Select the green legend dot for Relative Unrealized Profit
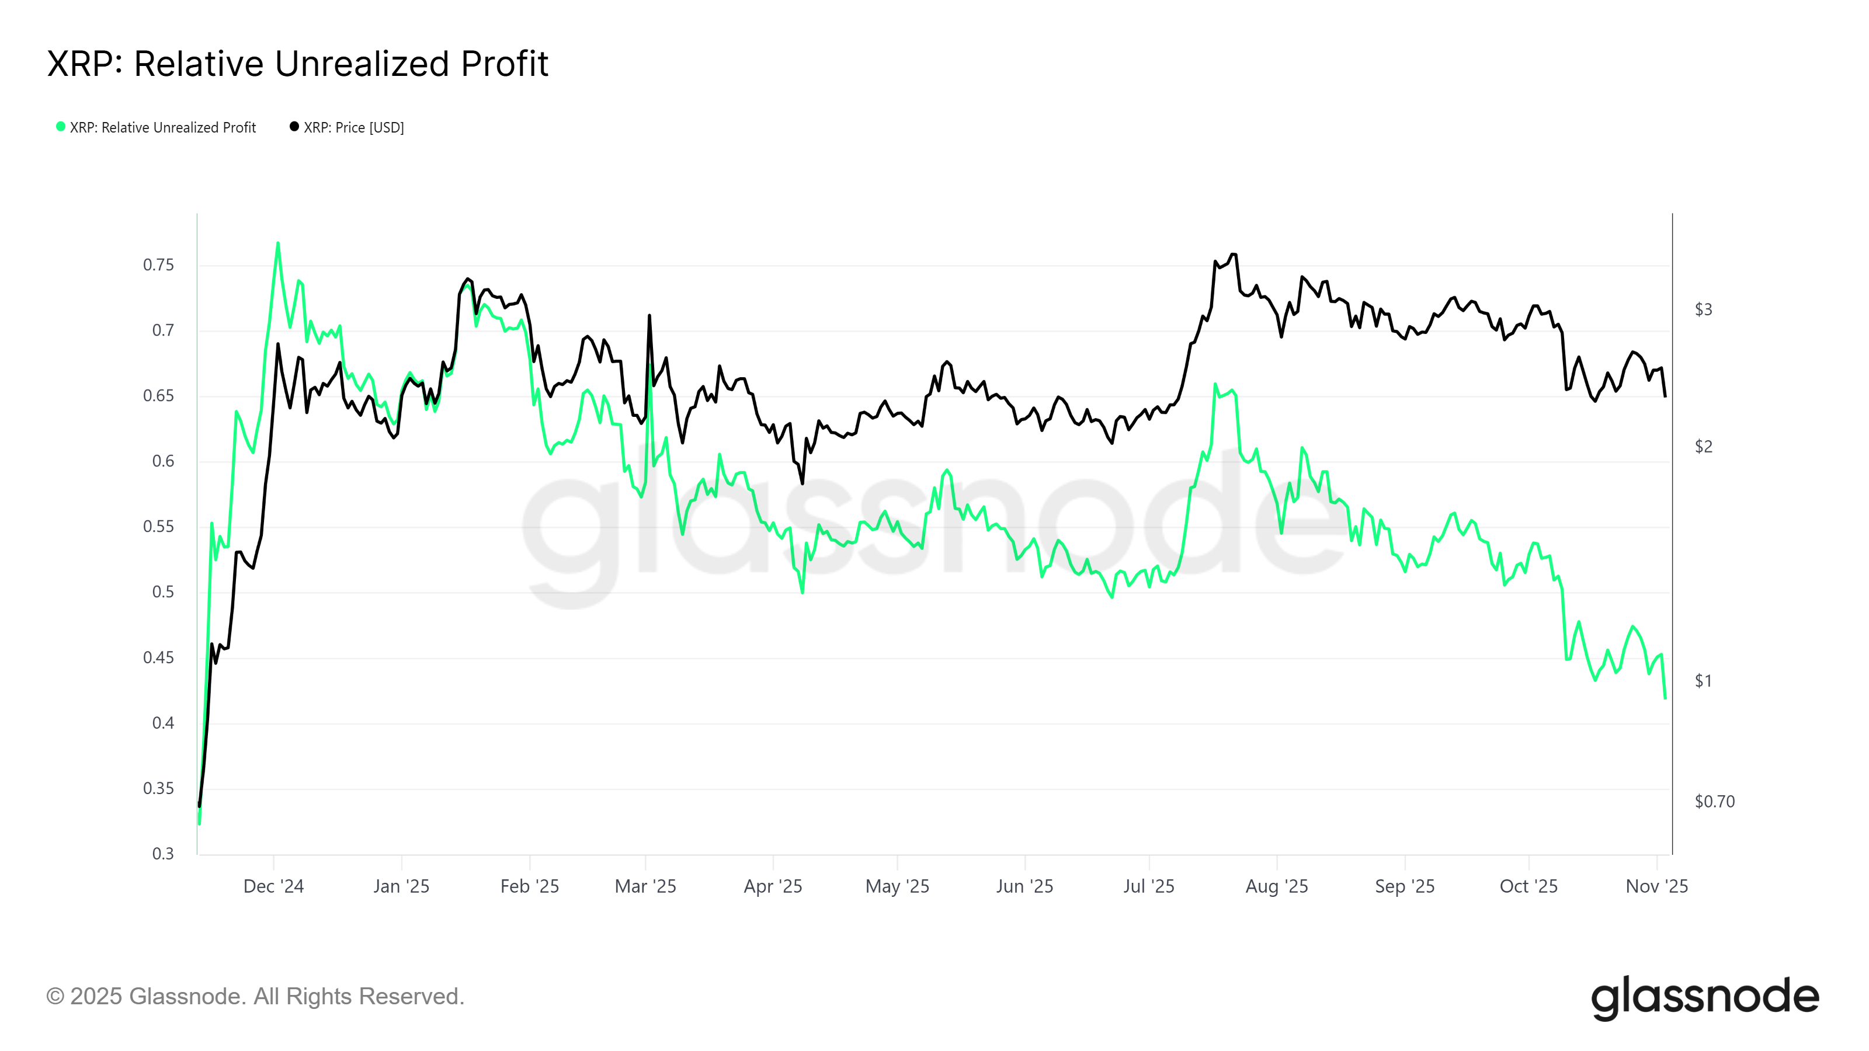(x=61, y=127)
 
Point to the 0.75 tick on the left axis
(x=158, y=265)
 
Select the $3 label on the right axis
(x=1703, y=309)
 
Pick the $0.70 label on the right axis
(x=1714, y=802)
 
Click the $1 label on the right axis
(x=1703, y=681)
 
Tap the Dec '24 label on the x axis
(x=273, y=886)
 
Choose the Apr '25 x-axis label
(x=773, y=886)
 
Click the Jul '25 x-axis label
(x=1148, y=886)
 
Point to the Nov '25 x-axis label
(x=1656, y=886)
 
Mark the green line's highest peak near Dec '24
(x=278, y=243)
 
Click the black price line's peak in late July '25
(x=1234, y=255)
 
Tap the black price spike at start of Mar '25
(x=649, y=315)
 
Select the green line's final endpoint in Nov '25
(x=1665, y=698)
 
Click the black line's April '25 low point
(x=803, y=483)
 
